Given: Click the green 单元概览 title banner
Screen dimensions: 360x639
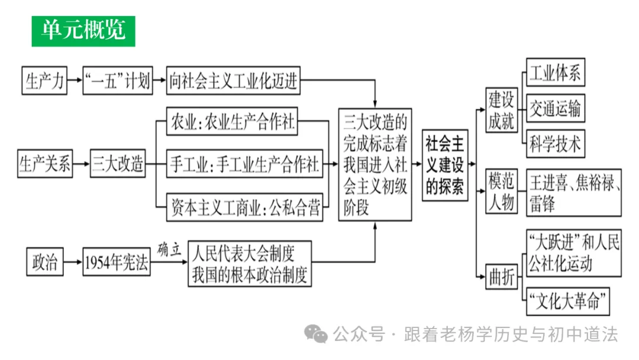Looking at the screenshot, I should (x=83, y=31).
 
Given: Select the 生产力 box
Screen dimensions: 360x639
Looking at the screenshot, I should (x=44, y=80).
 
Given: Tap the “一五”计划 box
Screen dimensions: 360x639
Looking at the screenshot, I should (x=118, y=80).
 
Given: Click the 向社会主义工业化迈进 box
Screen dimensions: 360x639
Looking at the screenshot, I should (x=233, y=80).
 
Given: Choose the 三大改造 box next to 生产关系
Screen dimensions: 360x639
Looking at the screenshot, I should (x=118, y=164).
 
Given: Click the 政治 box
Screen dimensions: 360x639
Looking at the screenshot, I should (x=45, y=262).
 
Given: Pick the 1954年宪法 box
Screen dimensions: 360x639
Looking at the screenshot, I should (x=116, y=262).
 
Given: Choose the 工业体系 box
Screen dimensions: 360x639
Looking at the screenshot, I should (x=555, y=73).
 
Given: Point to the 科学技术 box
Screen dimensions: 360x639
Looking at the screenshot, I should (x=555, y=144).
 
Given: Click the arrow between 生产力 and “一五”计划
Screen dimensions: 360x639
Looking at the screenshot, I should (x=74, y=80).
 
